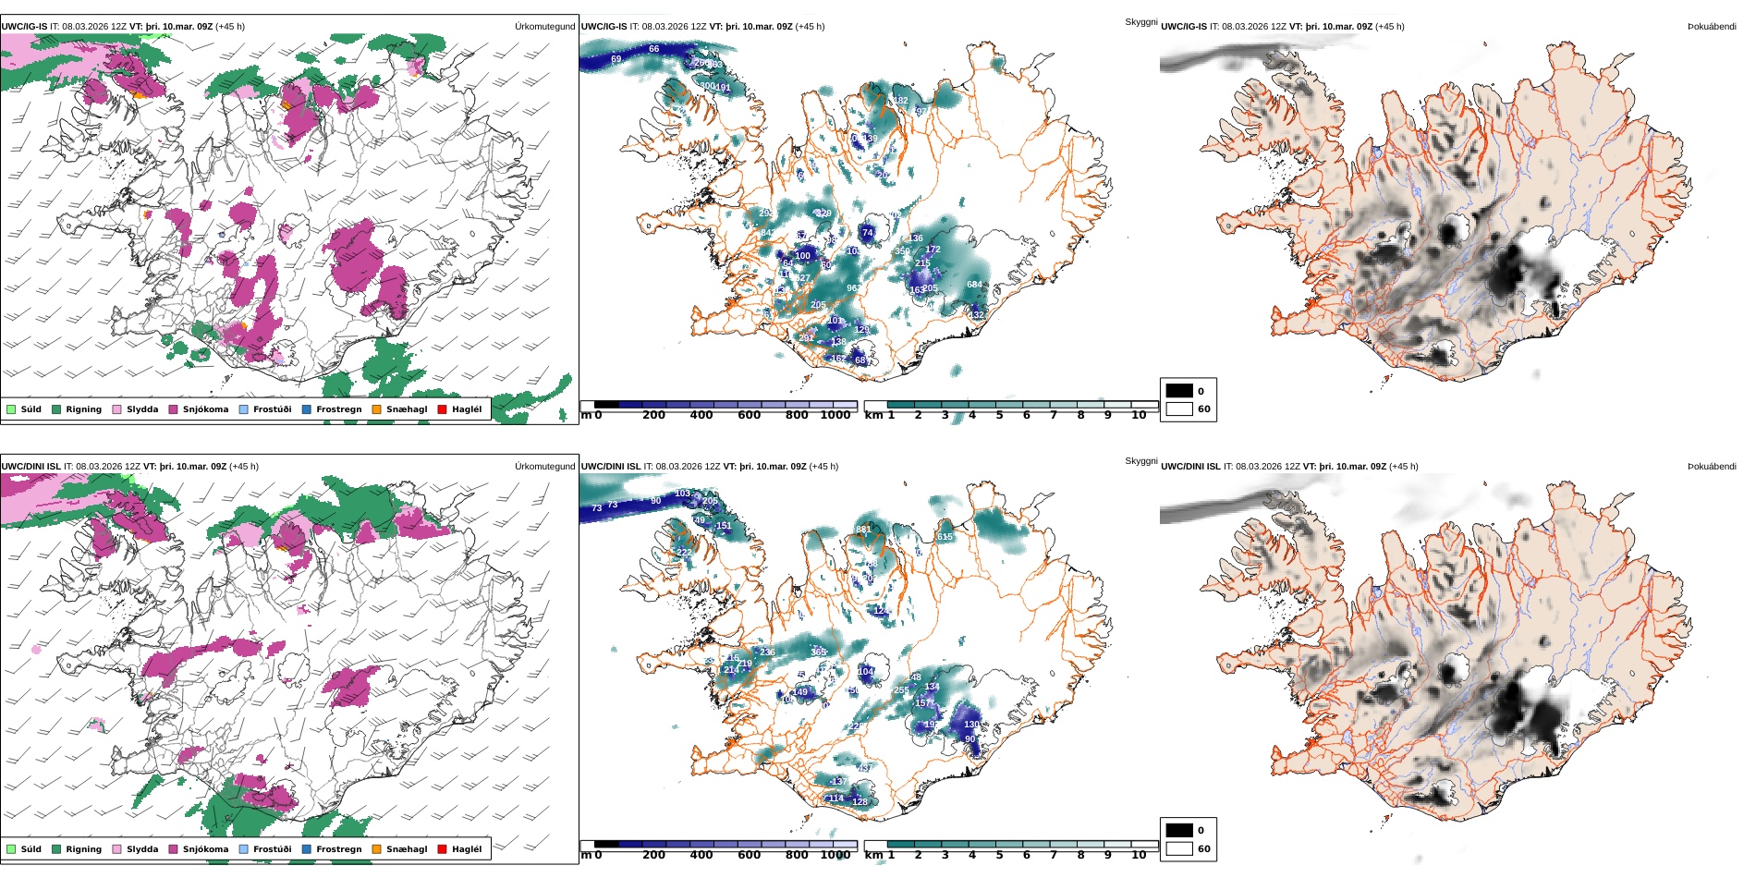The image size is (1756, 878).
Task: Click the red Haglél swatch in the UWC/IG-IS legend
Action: point(442,409)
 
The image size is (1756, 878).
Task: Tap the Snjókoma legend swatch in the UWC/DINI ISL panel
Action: point(173,849)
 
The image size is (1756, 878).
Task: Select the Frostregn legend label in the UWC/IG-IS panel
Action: point(338,409)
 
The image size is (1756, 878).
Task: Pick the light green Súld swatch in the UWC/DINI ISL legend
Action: point(11,849)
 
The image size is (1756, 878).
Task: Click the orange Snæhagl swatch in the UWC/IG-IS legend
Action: point(376,409)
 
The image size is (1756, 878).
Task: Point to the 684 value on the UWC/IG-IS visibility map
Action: point(974,285)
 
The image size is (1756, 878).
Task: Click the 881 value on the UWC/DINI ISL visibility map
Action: point(863,530)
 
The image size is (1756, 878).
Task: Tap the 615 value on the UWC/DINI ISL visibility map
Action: point(945,537)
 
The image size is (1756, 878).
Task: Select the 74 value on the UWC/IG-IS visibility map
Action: point(867,233)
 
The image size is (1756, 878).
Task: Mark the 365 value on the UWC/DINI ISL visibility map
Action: point(819,652)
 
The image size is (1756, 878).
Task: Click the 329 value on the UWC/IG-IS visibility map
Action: point(823,213)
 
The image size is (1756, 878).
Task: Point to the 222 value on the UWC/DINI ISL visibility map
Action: point(684,553)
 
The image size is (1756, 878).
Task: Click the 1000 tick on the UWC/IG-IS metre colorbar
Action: point(835,416)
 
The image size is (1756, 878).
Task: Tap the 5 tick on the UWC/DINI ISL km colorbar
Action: point(999,856)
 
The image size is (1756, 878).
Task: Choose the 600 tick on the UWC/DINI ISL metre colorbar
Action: point(749,856)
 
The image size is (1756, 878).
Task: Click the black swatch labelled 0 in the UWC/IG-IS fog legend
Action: point(1179,391)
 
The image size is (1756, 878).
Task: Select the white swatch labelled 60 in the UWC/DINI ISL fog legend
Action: point(1179,848)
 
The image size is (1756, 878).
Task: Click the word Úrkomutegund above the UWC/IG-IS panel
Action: point(544,27)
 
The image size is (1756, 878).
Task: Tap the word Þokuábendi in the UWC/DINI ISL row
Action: point(1712,467)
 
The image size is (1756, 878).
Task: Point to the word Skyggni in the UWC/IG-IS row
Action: point(1140,21)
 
